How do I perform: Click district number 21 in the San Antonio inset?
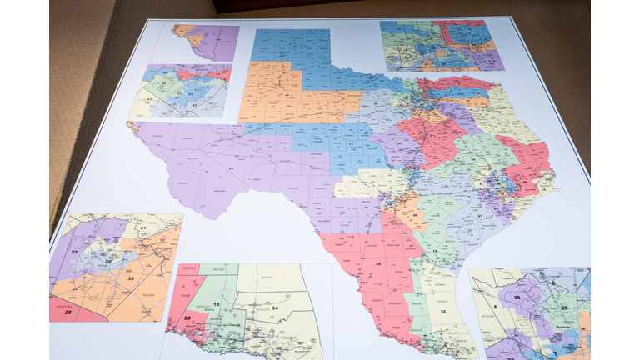click(142, 227)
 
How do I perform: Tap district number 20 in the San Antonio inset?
click(108, 261)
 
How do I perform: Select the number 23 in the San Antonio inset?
click(73, 251)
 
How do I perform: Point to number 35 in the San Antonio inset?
click(131, 277)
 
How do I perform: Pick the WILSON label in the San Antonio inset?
click(148, 294)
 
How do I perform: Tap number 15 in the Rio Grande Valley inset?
click(216, 305)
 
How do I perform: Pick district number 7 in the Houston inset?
click(553, 354)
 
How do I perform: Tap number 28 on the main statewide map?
click(377, 264)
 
